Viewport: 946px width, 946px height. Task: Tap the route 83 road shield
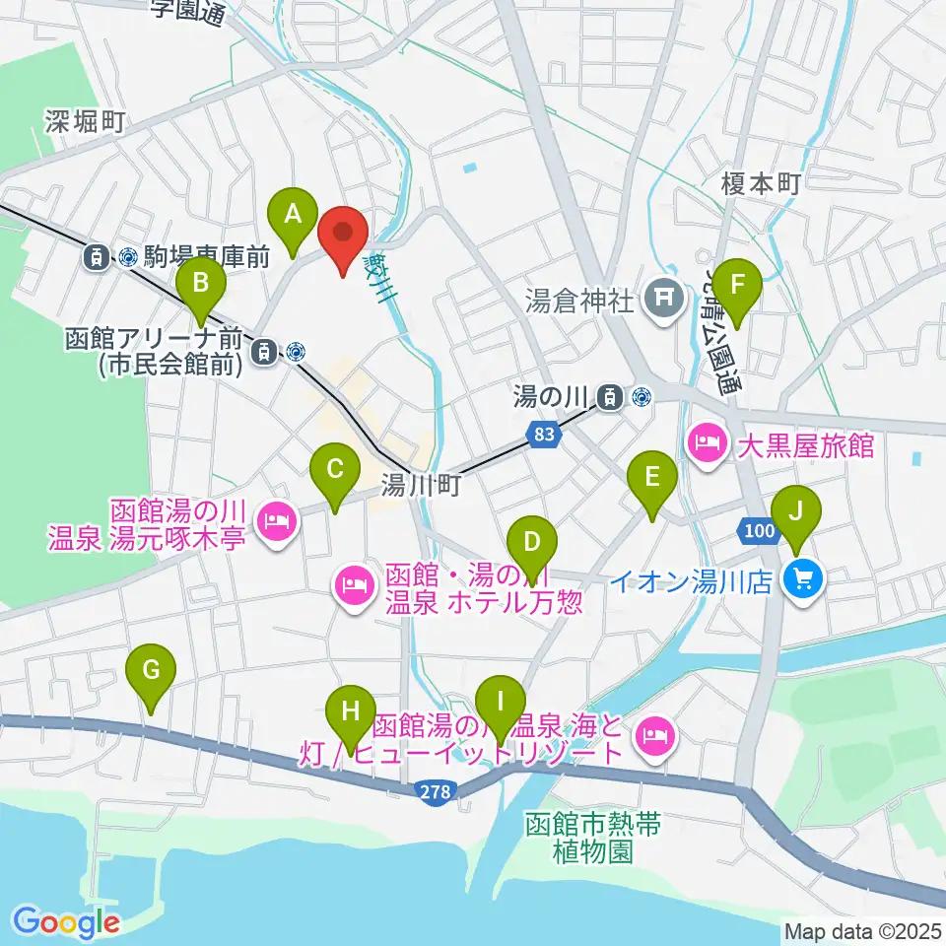coord(544,434)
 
